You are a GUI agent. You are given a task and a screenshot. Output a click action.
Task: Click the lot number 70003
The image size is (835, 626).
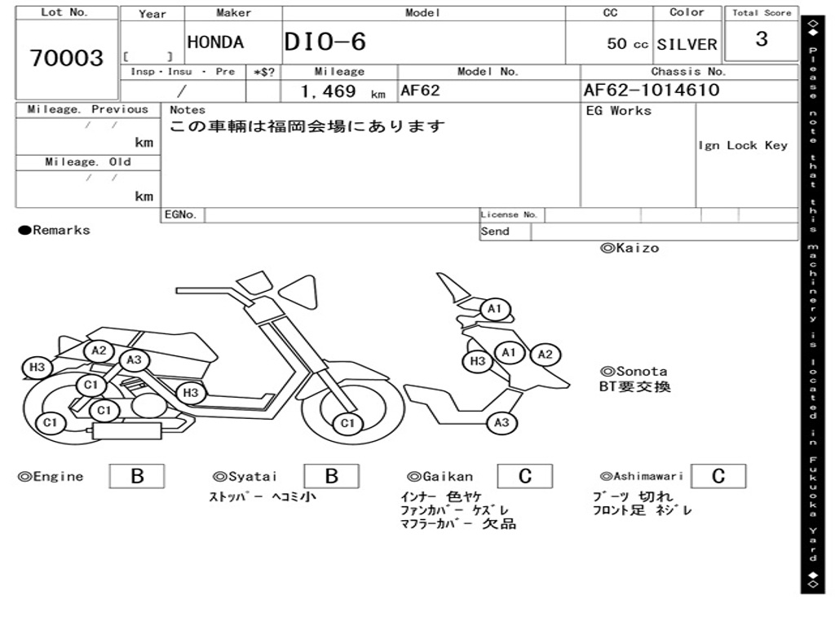pyautogui.click(x=67, y=58)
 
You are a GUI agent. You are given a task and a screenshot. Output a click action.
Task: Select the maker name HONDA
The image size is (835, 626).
pyautogui.click(x=215, y=42)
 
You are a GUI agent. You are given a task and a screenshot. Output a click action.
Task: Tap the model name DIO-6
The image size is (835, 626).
pyautogui.click(x=325, y=42)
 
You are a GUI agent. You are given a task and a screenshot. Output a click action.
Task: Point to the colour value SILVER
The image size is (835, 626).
pyautogui.click(x=687, y=44)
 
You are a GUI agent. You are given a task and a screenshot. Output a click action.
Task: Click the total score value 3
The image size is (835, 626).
pyautogui.click(x=762, y=39)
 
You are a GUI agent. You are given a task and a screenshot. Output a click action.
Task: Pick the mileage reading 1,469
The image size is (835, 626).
pyautogui.click(x=329, y=91)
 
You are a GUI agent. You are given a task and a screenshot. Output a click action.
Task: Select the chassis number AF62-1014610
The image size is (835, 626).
pyautogui.click(x=652, y=90)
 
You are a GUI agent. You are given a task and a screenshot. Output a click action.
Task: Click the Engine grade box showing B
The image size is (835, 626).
pyautogui.click(x=136, y=476)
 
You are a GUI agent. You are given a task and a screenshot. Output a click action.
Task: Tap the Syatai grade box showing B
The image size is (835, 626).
pyautogui.click(x=331, y=476)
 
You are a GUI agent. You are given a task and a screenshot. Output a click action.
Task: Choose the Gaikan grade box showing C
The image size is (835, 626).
pyautogui.click(x=524, y=476)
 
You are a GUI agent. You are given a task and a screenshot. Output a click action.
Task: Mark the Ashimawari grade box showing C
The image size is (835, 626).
pyautogui.click(x=718, y=476)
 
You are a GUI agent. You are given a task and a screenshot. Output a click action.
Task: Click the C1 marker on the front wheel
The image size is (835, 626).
pyautogui.click(x=348, y=423)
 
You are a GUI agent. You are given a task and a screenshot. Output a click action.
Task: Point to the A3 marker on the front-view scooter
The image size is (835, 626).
pyautogui.click(x=501, y=422)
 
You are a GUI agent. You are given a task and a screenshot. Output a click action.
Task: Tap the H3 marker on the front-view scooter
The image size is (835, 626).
pyautogui.click(x=478, y=361)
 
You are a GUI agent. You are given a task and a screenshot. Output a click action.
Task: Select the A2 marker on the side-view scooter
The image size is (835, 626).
pyautogui.click(x=99, y=350)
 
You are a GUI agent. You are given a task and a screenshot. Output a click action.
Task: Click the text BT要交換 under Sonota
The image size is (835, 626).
pyautogui.click(x=635, y=386)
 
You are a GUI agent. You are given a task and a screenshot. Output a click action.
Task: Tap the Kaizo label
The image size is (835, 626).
pyautogui.click(x=630, y=248)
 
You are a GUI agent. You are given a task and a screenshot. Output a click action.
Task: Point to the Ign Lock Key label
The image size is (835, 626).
pyautogui.click(x=743, y=145)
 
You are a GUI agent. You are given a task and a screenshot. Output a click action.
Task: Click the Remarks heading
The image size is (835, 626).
pyautogui.click(x=55, y=230)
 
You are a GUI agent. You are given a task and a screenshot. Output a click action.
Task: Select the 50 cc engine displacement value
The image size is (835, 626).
pyautogui.click(x=627, y=44)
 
